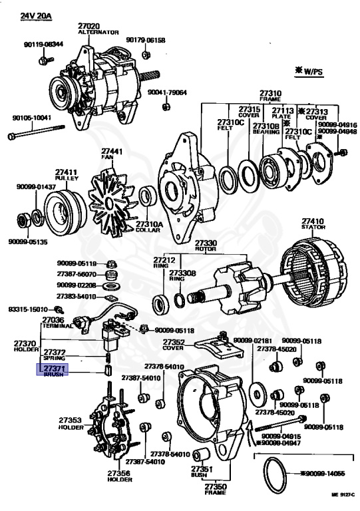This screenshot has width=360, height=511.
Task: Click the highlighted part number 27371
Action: click(54, 368)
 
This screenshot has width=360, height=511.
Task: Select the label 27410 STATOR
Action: click(312, 224)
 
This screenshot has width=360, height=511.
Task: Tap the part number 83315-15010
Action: click(28, 309)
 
